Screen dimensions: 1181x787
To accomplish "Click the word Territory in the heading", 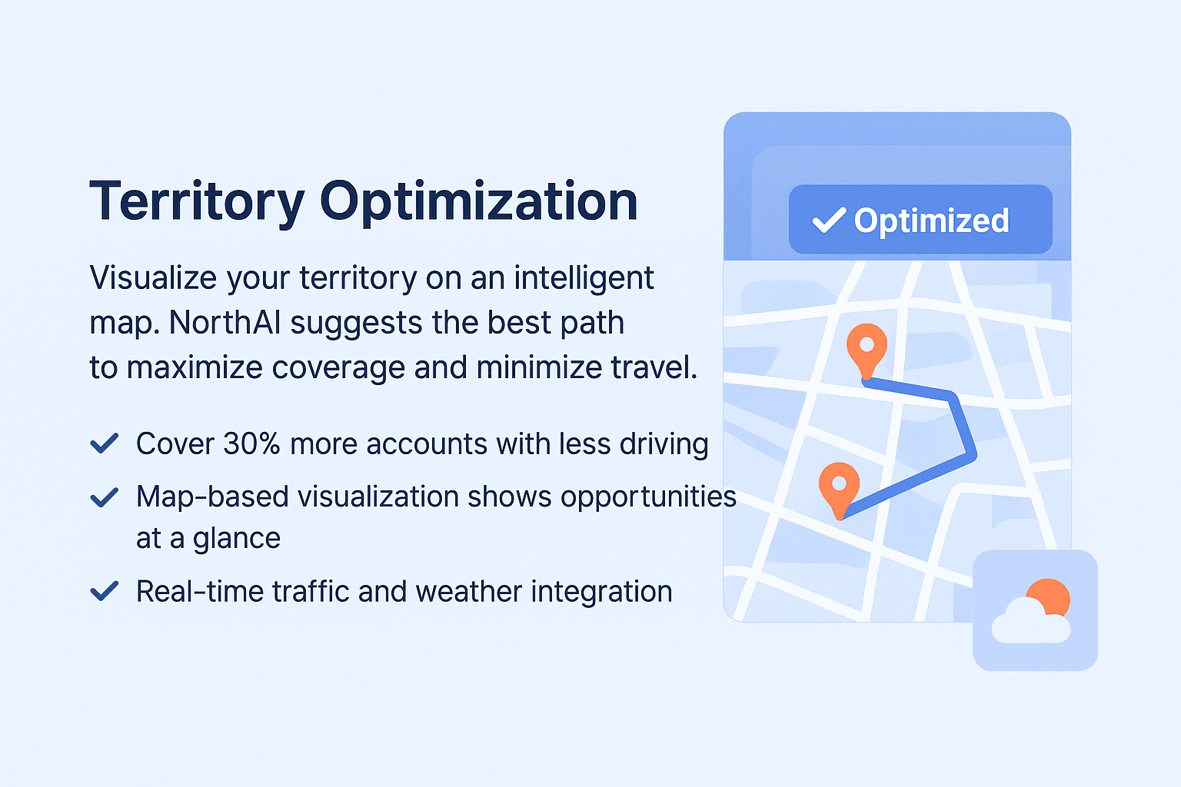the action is (197, 202).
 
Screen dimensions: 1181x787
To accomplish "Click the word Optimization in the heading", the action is (479, 202).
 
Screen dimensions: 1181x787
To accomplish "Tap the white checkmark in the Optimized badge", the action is (829, 220).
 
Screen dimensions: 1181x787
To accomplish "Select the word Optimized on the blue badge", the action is (931, 221).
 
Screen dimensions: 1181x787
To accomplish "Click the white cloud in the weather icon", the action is (1031, 622).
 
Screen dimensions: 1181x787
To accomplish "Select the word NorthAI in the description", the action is (225, 323).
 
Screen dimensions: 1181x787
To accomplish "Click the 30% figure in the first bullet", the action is (251, 444).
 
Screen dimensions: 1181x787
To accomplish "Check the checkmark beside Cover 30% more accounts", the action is (105, 443).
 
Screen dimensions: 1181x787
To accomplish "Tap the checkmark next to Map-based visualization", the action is (105, 497).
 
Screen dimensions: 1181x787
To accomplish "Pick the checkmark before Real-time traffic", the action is (105, 591).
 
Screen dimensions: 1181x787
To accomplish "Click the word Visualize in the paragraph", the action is (153, 277).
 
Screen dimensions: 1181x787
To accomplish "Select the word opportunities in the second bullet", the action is (648, 498).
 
